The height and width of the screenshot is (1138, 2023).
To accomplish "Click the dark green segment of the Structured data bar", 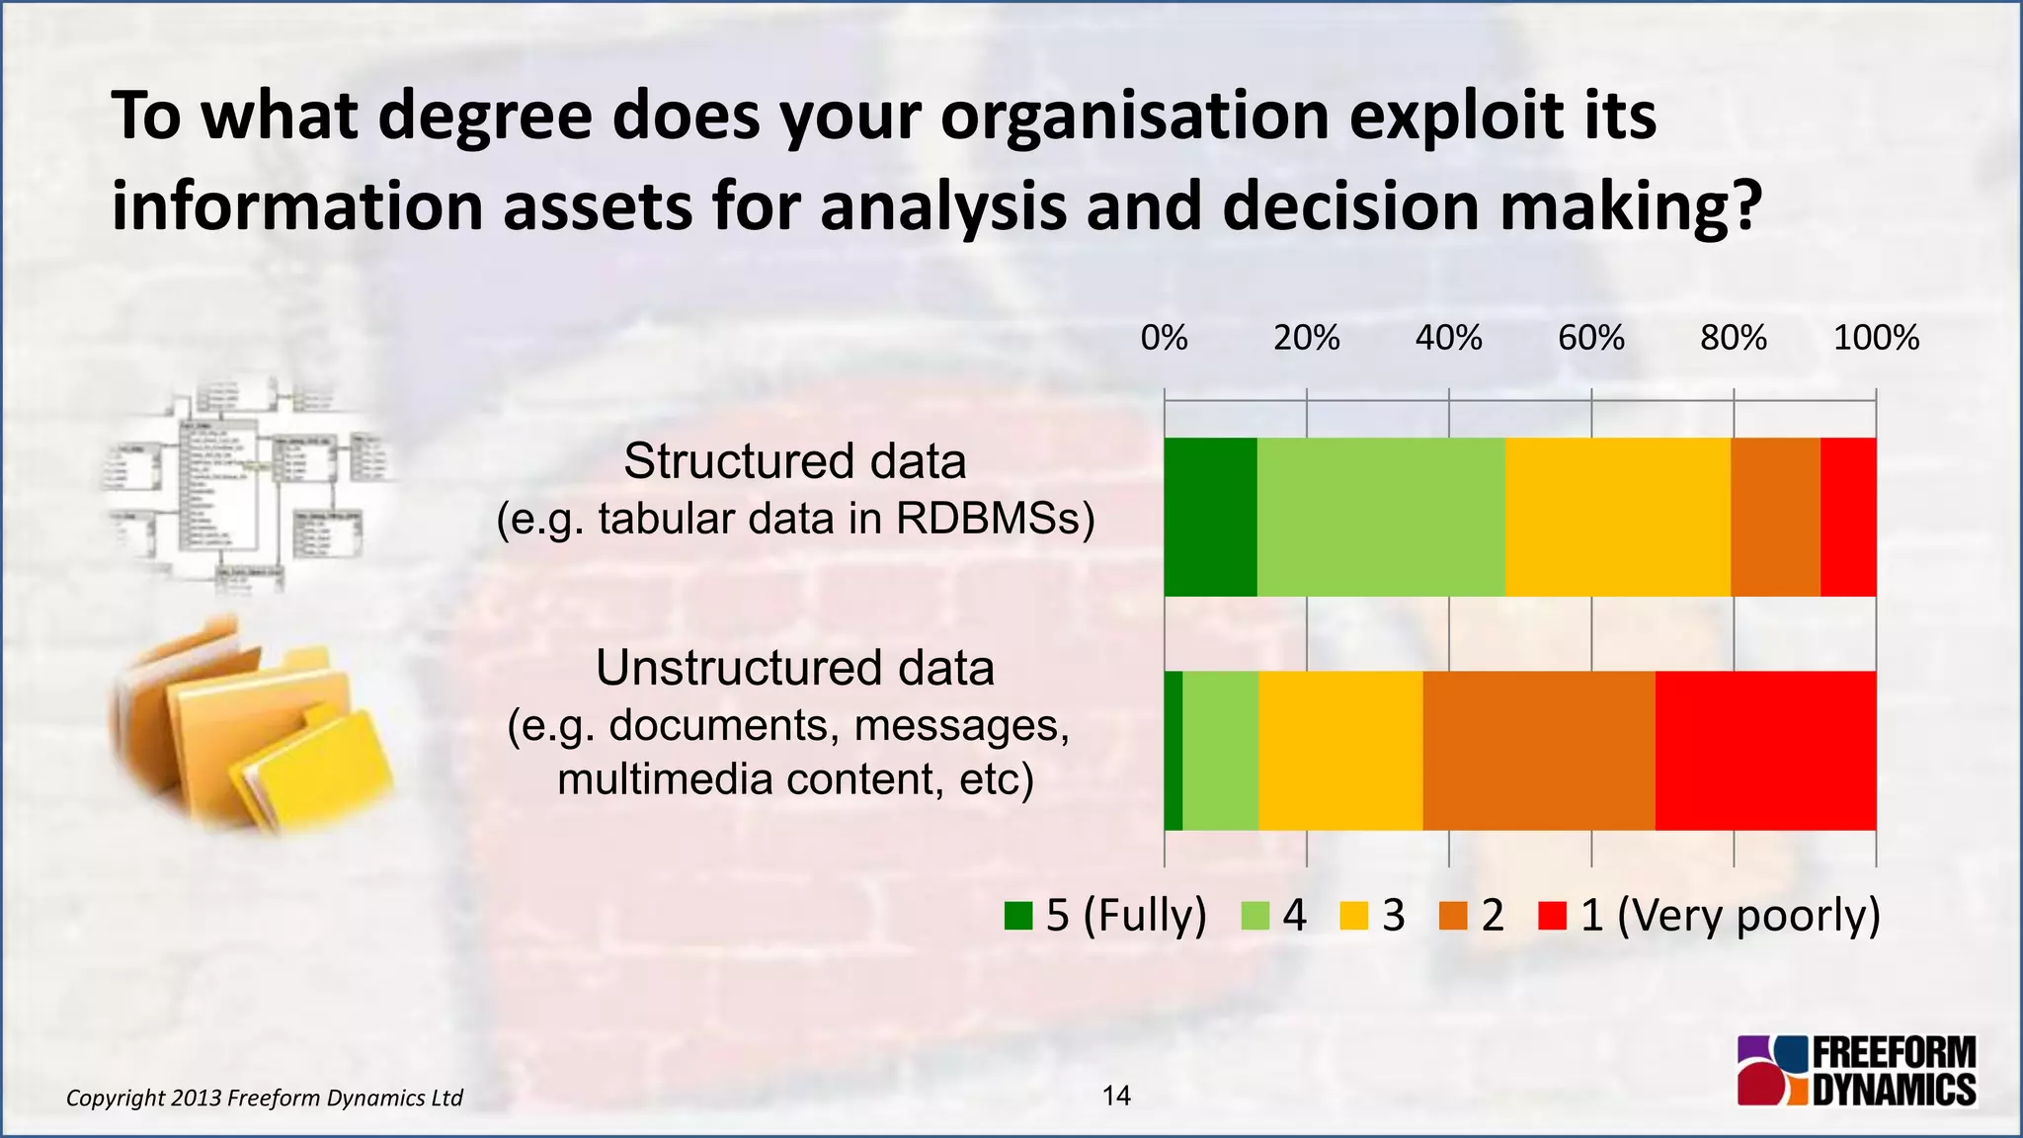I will coord(1210,517).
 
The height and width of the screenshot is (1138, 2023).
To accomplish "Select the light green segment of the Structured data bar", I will coord(1381,517).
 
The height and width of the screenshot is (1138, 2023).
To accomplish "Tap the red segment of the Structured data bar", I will coord(1848,517).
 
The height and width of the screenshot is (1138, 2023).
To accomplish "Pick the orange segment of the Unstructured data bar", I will coord(1539,751).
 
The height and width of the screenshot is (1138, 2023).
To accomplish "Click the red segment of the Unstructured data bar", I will coord(1765,751).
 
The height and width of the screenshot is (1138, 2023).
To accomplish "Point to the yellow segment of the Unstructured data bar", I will coord(1340,751).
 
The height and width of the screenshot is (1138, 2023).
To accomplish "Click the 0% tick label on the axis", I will coord(1164,339).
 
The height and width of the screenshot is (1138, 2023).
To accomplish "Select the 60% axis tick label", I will coord(1591,339).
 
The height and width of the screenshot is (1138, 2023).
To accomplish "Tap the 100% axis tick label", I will coord(1876,339).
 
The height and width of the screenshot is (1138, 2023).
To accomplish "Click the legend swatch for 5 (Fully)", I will coord(1018,917).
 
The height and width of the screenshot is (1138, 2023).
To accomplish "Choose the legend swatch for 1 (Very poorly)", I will coord(1553,917).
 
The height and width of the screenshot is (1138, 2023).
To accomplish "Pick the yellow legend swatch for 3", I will coord(1354,917).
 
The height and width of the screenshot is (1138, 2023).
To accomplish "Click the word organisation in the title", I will coord(1134,117).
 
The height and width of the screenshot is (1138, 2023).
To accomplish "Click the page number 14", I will coord(1116,1096).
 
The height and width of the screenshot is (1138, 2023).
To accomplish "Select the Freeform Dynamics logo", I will coord(1857,1070).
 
